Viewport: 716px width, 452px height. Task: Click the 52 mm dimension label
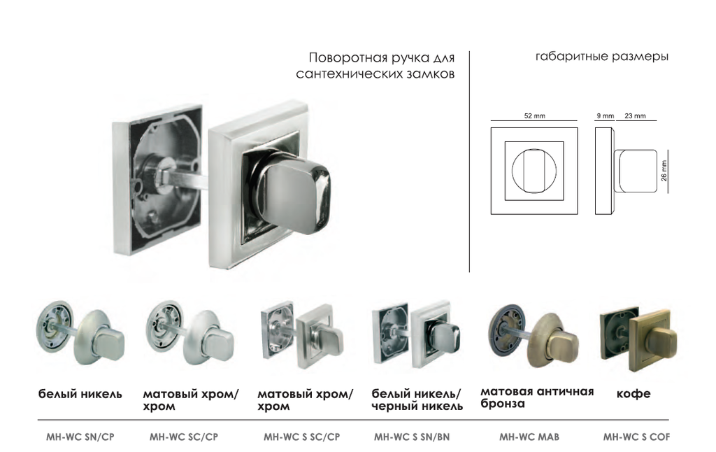[534, 116]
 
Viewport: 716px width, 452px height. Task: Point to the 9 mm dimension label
[605, 116]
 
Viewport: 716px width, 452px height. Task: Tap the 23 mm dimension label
[635, 116]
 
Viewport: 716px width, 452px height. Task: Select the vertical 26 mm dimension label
[664, 171]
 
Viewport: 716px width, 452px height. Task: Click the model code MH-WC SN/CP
[80, 437]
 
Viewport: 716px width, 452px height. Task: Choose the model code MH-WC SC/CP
[184, 437]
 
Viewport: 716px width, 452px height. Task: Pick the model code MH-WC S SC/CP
[301, 437]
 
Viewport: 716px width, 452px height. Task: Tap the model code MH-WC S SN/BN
[412, 437]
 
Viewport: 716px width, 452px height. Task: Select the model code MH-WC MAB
[529, 437]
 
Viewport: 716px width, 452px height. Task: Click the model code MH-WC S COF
[636, 437]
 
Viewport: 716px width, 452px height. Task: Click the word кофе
[633, 393]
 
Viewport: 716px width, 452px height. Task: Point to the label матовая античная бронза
[537, 397]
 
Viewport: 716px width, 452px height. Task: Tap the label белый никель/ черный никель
[417, 400]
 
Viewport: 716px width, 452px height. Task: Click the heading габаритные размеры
[602, 57]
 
